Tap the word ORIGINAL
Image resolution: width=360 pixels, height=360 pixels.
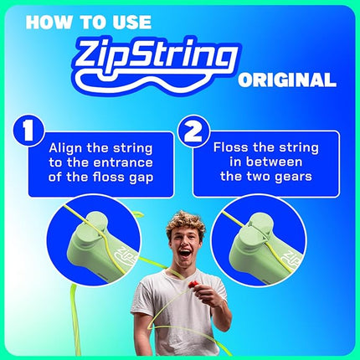click(287, 81)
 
